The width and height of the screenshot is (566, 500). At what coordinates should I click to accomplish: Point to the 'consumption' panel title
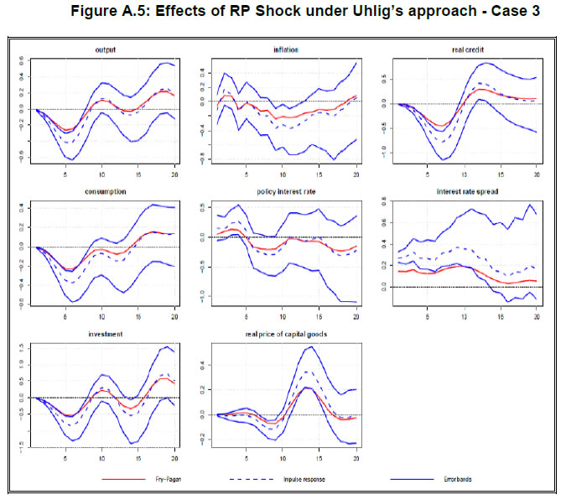[105, 191]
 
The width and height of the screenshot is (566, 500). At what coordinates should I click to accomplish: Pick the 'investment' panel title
[104, 333]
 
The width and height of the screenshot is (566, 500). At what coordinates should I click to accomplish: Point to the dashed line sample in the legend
[261, 479]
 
